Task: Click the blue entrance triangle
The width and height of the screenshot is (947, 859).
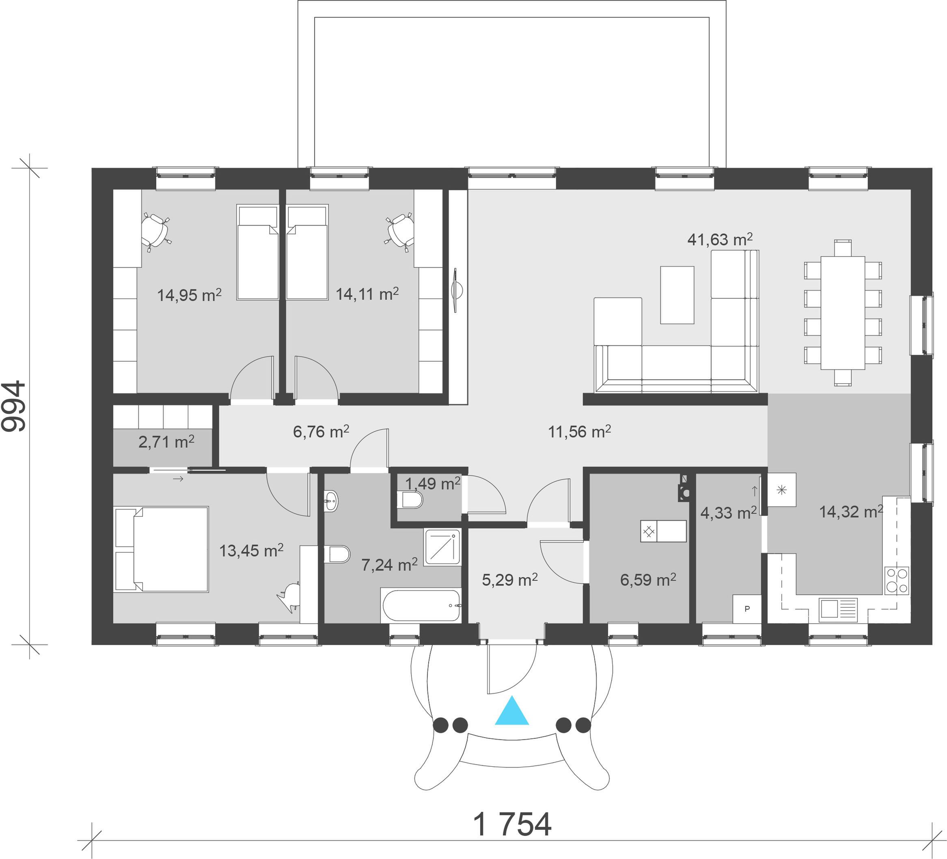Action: tap(511, 712)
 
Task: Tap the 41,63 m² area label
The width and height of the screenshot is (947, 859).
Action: tap(720, 239)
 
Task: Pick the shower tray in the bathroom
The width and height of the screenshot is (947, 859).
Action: tap(442, 547)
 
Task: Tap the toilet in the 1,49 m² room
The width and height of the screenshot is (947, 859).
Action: tap(410, 500)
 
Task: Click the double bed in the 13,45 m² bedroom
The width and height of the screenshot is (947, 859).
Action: tap(161, 549)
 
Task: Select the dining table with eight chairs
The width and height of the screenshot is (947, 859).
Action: tap(843, 313)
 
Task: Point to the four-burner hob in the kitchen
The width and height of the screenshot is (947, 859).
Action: tap(897, 581)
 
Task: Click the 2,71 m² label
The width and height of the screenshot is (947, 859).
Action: tap(166, 442)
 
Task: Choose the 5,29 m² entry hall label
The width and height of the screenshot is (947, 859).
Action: tap(510, 580)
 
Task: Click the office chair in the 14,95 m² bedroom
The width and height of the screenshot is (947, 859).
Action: tap(155, 230)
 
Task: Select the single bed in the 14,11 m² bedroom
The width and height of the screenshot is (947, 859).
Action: tap(307, 252)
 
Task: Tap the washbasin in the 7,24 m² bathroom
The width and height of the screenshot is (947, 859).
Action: tap(331, 501)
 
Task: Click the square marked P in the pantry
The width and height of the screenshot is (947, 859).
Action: tap(747, 609)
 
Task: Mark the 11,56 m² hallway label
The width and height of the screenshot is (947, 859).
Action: tap(579, 431)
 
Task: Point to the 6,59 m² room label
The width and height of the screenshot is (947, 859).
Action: tap(648, 580)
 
